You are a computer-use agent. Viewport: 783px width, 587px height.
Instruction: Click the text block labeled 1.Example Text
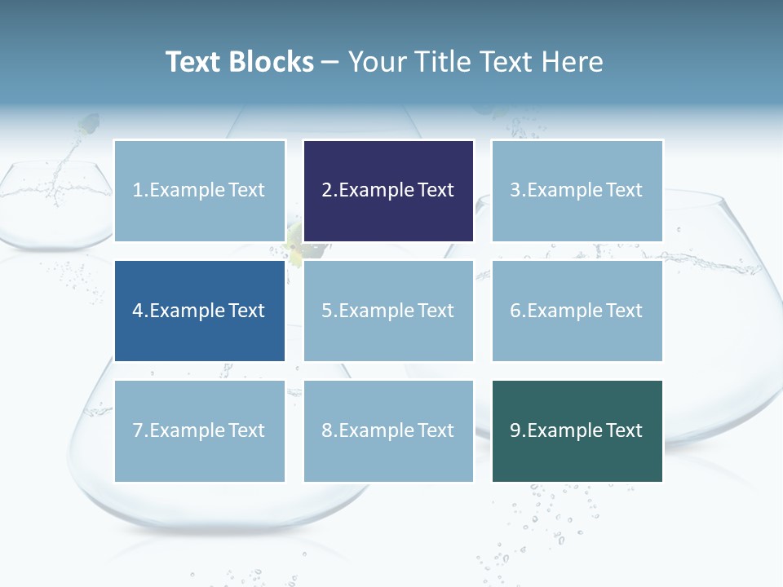click(x=200, y=191)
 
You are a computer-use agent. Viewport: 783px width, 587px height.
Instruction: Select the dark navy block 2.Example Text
click(x=388, y=191)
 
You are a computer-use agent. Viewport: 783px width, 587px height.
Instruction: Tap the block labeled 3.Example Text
click(x=577, y=191)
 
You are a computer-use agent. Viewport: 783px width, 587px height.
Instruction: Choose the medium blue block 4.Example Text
click(x=200, y=311)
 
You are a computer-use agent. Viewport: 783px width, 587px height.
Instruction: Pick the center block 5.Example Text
click(x=388, y=311)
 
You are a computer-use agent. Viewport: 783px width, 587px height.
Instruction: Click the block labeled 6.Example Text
click(x=577, y=311)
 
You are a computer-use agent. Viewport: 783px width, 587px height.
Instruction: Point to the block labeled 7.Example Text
click(x=200, y=430)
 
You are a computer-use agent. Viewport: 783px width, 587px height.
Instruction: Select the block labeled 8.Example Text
click(x=388, y=430)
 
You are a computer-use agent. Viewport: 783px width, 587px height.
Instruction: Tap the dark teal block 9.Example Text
click(x=577, y=430)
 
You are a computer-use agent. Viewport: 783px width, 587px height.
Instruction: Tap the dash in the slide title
click(x=330, y=62)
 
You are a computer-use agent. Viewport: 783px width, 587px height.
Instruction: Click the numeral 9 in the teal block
click(x=515, y=430)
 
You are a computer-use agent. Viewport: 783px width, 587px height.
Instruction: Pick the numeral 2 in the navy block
click(x=327, y=191)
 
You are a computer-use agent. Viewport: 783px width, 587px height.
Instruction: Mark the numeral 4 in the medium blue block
click(x=139, y=311)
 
